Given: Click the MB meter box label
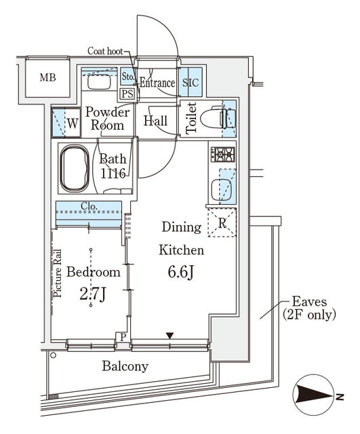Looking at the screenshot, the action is pos(48,77).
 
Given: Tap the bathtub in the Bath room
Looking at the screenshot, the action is pos(75,169).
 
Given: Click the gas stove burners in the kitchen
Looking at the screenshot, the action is pos(223,154).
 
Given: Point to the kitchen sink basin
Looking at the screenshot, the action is pos(221,190).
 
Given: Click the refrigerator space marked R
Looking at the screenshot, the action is pos(222,223).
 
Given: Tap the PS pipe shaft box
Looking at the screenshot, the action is pos(127,94).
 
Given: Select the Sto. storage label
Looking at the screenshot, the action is pos(128,77).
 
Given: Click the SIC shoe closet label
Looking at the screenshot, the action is pos(191,83).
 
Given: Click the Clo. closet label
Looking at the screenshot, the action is pos(89,206).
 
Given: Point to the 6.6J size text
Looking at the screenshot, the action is pos(180,273).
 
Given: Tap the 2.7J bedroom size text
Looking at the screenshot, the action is pos(92,294).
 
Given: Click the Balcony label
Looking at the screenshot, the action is pos(125,366).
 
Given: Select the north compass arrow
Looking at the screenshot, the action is pos(315,396).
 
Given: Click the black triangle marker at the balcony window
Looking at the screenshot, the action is pos(169,336).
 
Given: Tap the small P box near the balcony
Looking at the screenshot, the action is pos(123,337).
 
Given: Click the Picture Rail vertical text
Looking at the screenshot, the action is pos(58,273).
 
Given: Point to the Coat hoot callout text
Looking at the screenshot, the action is pos(105,51).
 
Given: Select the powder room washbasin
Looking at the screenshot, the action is pos(99,82).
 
